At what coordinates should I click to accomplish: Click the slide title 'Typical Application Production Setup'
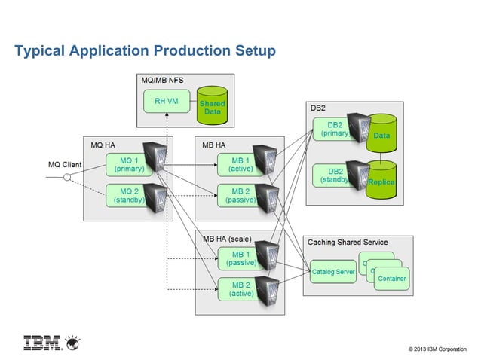click(146, 50)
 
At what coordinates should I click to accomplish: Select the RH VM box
click(166, 102)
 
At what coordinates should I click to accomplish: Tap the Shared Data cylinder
click(212, 105)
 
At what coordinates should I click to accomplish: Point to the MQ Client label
click(64, 164)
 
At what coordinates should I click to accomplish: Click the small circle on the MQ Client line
click(67, 178)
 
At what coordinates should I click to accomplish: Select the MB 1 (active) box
click(240, 164)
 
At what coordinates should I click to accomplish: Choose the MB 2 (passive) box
click(240, 195)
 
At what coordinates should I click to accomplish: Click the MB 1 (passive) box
click(240, 258)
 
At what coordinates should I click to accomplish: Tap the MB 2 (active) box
click(240, 289)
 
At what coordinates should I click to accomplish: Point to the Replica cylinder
click(381, 181)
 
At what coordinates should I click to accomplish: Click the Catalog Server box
click(332, 272)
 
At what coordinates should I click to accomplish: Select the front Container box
click(392, 278)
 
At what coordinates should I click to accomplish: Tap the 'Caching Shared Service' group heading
click(348, 242)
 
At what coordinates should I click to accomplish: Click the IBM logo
click(51, 343)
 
